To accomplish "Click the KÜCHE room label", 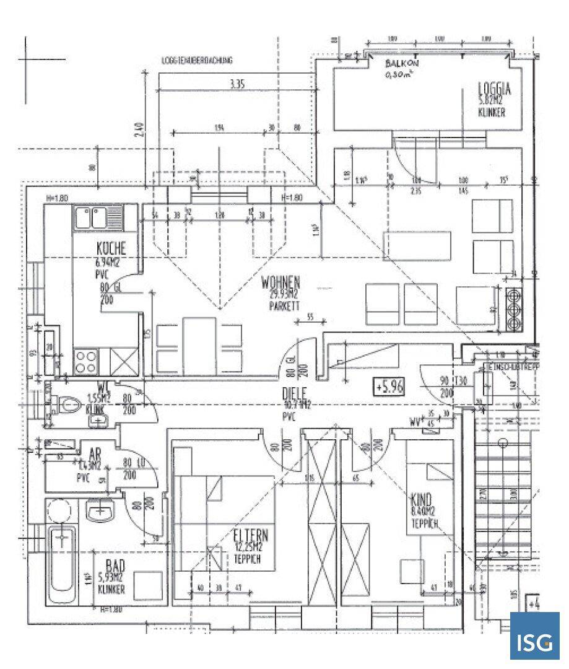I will click(111, 248).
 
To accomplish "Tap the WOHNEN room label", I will click(281, 281).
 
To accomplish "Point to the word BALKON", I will click(402, 64).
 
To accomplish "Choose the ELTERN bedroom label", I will click(251, 536).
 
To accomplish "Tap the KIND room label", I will click(421, 499).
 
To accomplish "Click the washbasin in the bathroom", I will click(100, 512).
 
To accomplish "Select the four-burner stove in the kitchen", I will click(86, 361).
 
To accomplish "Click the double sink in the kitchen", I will click(98, 217).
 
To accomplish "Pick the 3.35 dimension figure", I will click(237, 85).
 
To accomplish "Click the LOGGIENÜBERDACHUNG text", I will click(196, 61).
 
